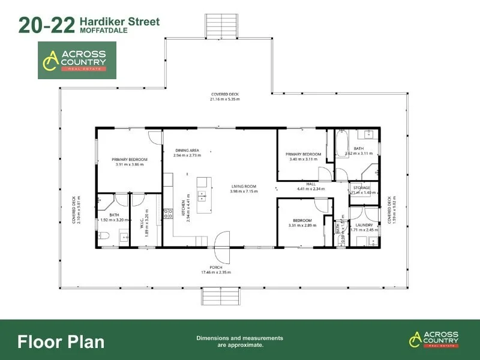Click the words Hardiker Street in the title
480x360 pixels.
click(x=119, y=22)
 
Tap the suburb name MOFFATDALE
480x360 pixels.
click(x=102, y=31)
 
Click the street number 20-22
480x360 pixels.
click(x=47, y=25)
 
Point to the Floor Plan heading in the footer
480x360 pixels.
click(x=61, y=342)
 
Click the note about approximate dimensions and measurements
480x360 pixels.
click(x=239, y=341)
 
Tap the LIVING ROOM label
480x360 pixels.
click(x=244, y=187)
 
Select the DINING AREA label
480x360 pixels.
click(x=187, y=150)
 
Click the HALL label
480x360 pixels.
click(x=310, y=184)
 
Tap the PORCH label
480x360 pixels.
click(x=216, y=267)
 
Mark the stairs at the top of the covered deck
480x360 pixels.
click(x=214, y=26)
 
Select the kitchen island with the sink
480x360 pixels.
click(x=203, y=194)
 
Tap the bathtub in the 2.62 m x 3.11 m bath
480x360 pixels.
click(x=341, y=143)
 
